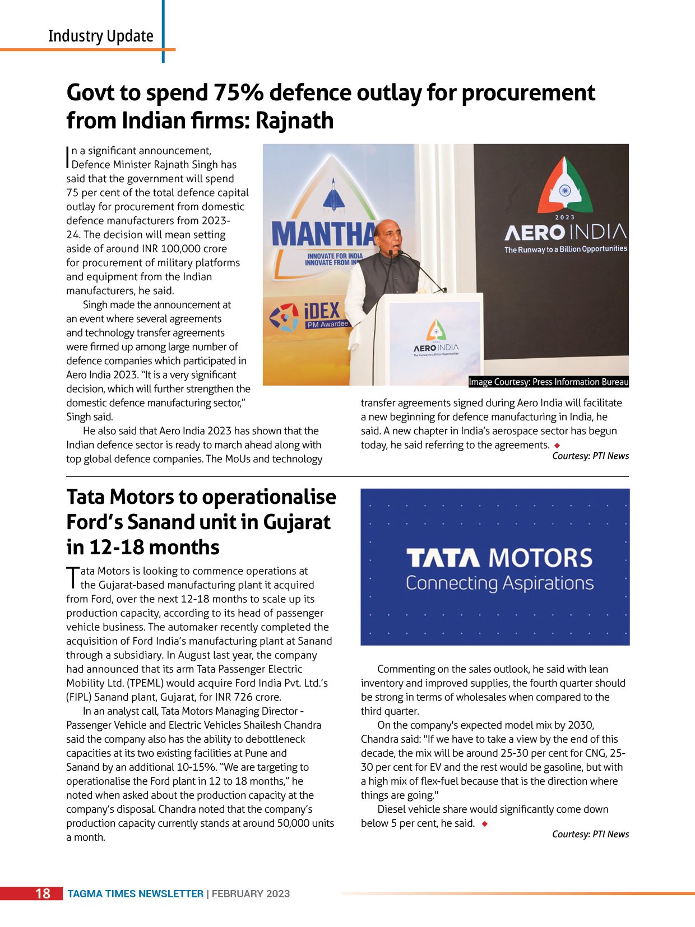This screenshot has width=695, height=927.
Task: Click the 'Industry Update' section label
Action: tap(100, 36)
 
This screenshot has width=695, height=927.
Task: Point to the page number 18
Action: tap(43, 893)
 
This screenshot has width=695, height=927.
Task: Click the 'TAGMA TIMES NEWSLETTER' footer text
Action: tap(135, 894)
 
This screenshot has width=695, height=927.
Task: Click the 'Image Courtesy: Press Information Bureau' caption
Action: tap(548, 382)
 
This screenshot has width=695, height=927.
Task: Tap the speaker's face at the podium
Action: tap(389, 236)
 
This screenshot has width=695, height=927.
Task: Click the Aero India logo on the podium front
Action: tap(436, 339)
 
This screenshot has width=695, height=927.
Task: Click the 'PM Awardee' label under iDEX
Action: tap(327, 324)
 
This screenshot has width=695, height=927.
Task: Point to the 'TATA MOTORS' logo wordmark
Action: tap(499, 558)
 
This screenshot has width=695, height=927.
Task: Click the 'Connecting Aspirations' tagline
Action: tap(499, 583)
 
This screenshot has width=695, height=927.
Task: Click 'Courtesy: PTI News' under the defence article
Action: tap(590, 456)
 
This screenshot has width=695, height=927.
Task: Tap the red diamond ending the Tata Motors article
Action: tap(485, 823)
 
